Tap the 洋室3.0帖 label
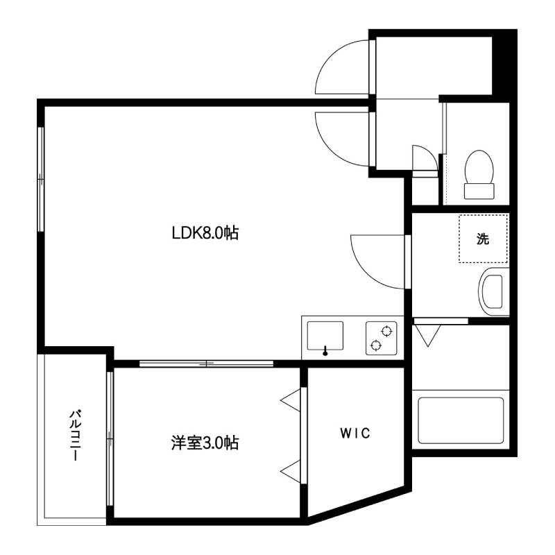pos(205,442)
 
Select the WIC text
pos(355,434)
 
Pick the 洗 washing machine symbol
pos(483,239)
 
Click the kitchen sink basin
pos(324,336)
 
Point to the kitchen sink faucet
pos(325,351)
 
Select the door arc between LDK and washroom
pos(378,260)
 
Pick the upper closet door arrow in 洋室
pos(292,401)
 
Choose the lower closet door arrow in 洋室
pos(292,470)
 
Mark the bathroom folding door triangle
pos(427,336)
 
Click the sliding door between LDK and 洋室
pos(207,363)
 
